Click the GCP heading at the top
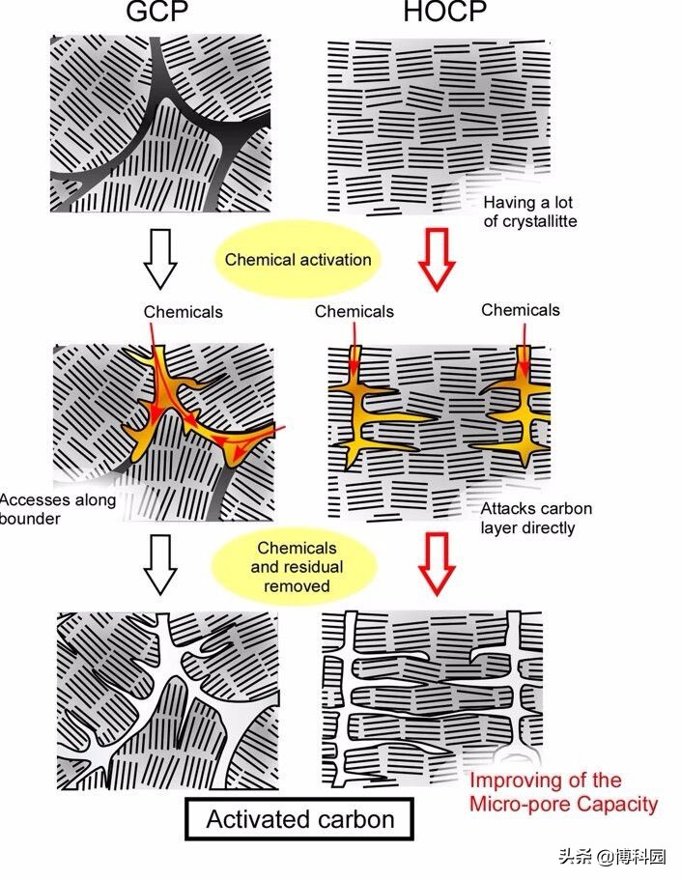[x=156, y=12]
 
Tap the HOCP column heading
[x=445, y=12]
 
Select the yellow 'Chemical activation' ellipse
[x=298, y=260]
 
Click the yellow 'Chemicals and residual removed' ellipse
[x=297, y=567]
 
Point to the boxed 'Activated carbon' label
[x=299, y=819]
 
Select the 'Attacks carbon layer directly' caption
[x=536, y=518]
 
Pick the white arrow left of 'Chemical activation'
[x=160, y=259]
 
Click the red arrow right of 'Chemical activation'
[x=437, y=259]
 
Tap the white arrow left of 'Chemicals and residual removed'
[x=160, y=564]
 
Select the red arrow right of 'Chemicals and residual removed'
[x=437, y=564]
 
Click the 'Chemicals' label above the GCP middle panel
[x=183, y=312]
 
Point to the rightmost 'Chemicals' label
[x=521, y=310]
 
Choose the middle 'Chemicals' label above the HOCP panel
[x=355, y=311]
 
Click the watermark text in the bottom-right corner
[x=612, y=857]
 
